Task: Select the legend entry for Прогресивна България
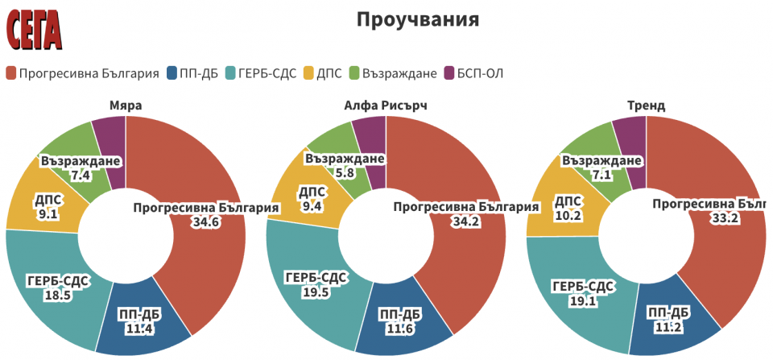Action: click(x=82, y=73)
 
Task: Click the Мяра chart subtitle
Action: click(x=125, y=106)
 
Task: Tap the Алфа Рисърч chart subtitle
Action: click(x=385, y=106)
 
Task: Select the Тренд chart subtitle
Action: click(x=645, y=106)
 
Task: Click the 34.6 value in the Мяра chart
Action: click(x=205, y=222)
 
